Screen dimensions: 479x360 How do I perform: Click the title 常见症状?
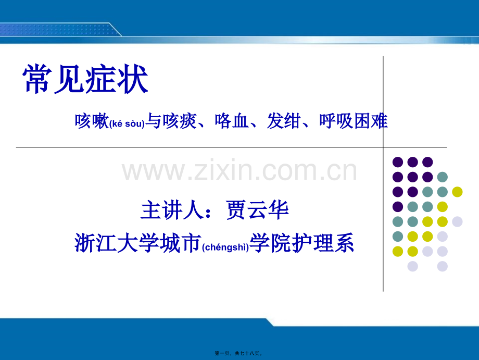coord(85,79)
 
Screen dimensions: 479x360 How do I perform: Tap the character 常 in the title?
coord(37,79)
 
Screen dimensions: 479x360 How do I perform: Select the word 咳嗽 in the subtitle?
coord(92,121)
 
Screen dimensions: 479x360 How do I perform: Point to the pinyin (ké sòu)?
coord(127,123)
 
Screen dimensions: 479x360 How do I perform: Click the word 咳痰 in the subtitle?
coord(179,121)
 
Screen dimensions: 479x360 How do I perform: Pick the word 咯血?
coord(232,121)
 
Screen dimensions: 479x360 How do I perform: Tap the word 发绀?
coord(284,121)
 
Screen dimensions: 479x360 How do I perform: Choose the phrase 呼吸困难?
coord(353,121)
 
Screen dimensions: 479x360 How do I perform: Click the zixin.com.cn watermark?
coord(239,170)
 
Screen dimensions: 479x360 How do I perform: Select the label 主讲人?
coord(172,210)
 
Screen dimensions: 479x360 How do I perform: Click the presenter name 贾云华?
coord(257,210)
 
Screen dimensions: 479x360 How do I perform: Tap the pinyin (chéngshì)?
coord(226,246)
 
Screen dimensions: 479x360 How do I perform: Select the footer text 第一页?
coord(222,353)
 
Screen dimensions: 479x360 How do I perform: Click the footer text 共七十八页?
coord(247,353)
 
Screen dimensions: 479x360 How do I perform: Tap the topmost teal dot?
coord(443,177)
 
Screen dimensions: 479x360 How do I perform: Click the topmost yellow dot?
coord(457,192)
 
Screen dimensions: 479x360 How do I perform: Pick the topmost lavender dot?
coord(457,221)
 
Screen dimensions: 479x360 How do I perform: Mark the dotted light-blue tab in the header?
coord(58,30)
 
